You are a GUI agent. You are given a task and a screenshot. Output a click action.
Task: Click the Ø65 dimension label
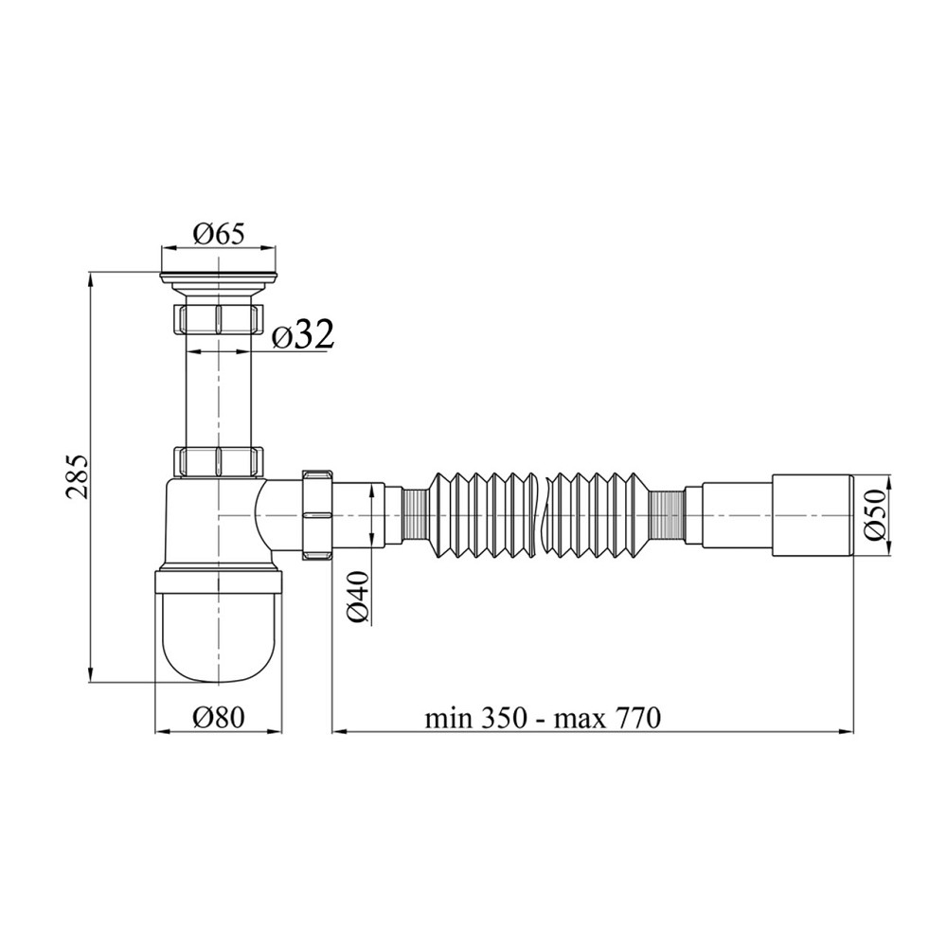219,234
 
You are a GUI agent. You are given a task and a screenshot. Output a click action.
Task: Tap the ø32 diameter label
303,337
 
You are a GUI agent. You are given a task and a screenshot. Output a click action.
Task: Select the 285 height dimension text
78,477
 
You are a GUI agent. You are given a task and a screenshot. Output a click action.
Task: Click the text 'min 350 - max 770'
544,719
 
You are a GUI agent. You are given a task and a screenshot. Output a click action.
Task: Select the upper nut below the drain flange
219,319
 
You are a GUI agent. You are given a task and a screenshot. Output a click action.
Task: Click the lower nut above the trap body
219,461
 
